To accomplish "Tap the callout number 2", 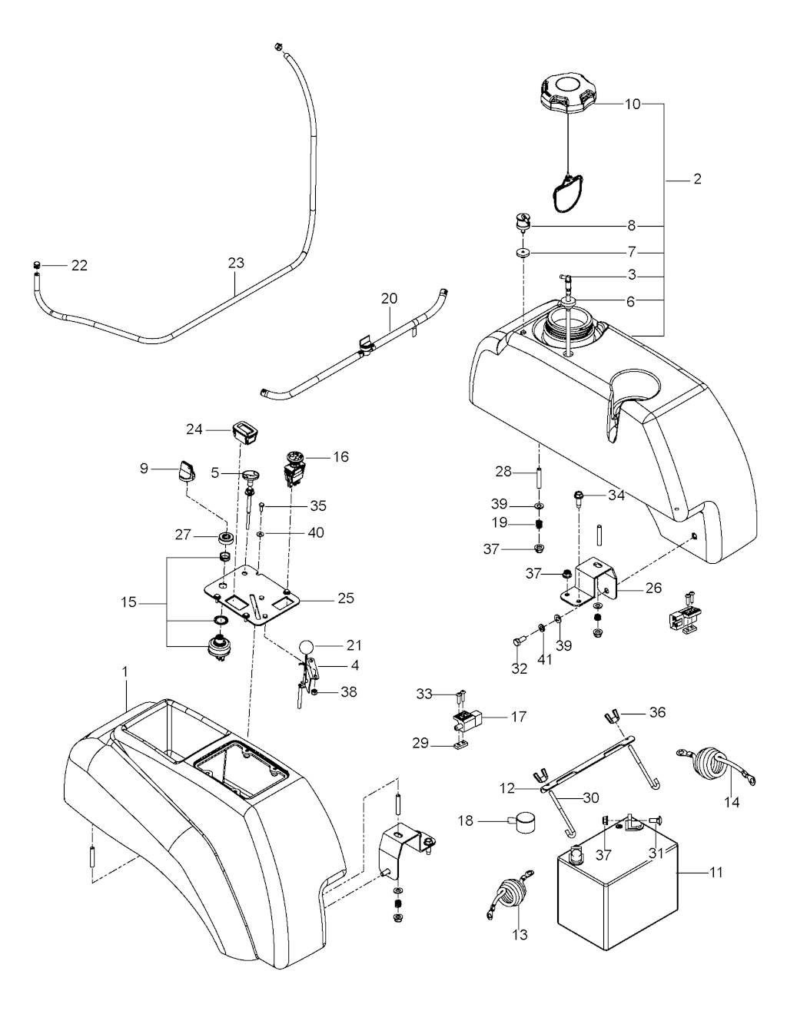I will (696, 180).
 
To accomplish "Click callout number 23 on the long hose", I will (236, 263).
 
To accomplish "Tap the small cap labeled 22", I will (35, 266).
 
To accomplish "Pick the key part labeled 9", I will (185, 470).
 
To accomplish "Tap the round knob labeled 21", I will (306, 646).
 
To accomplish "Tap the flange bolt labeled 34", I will (578, 498).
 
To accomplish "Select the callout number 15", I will (128, 603).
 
